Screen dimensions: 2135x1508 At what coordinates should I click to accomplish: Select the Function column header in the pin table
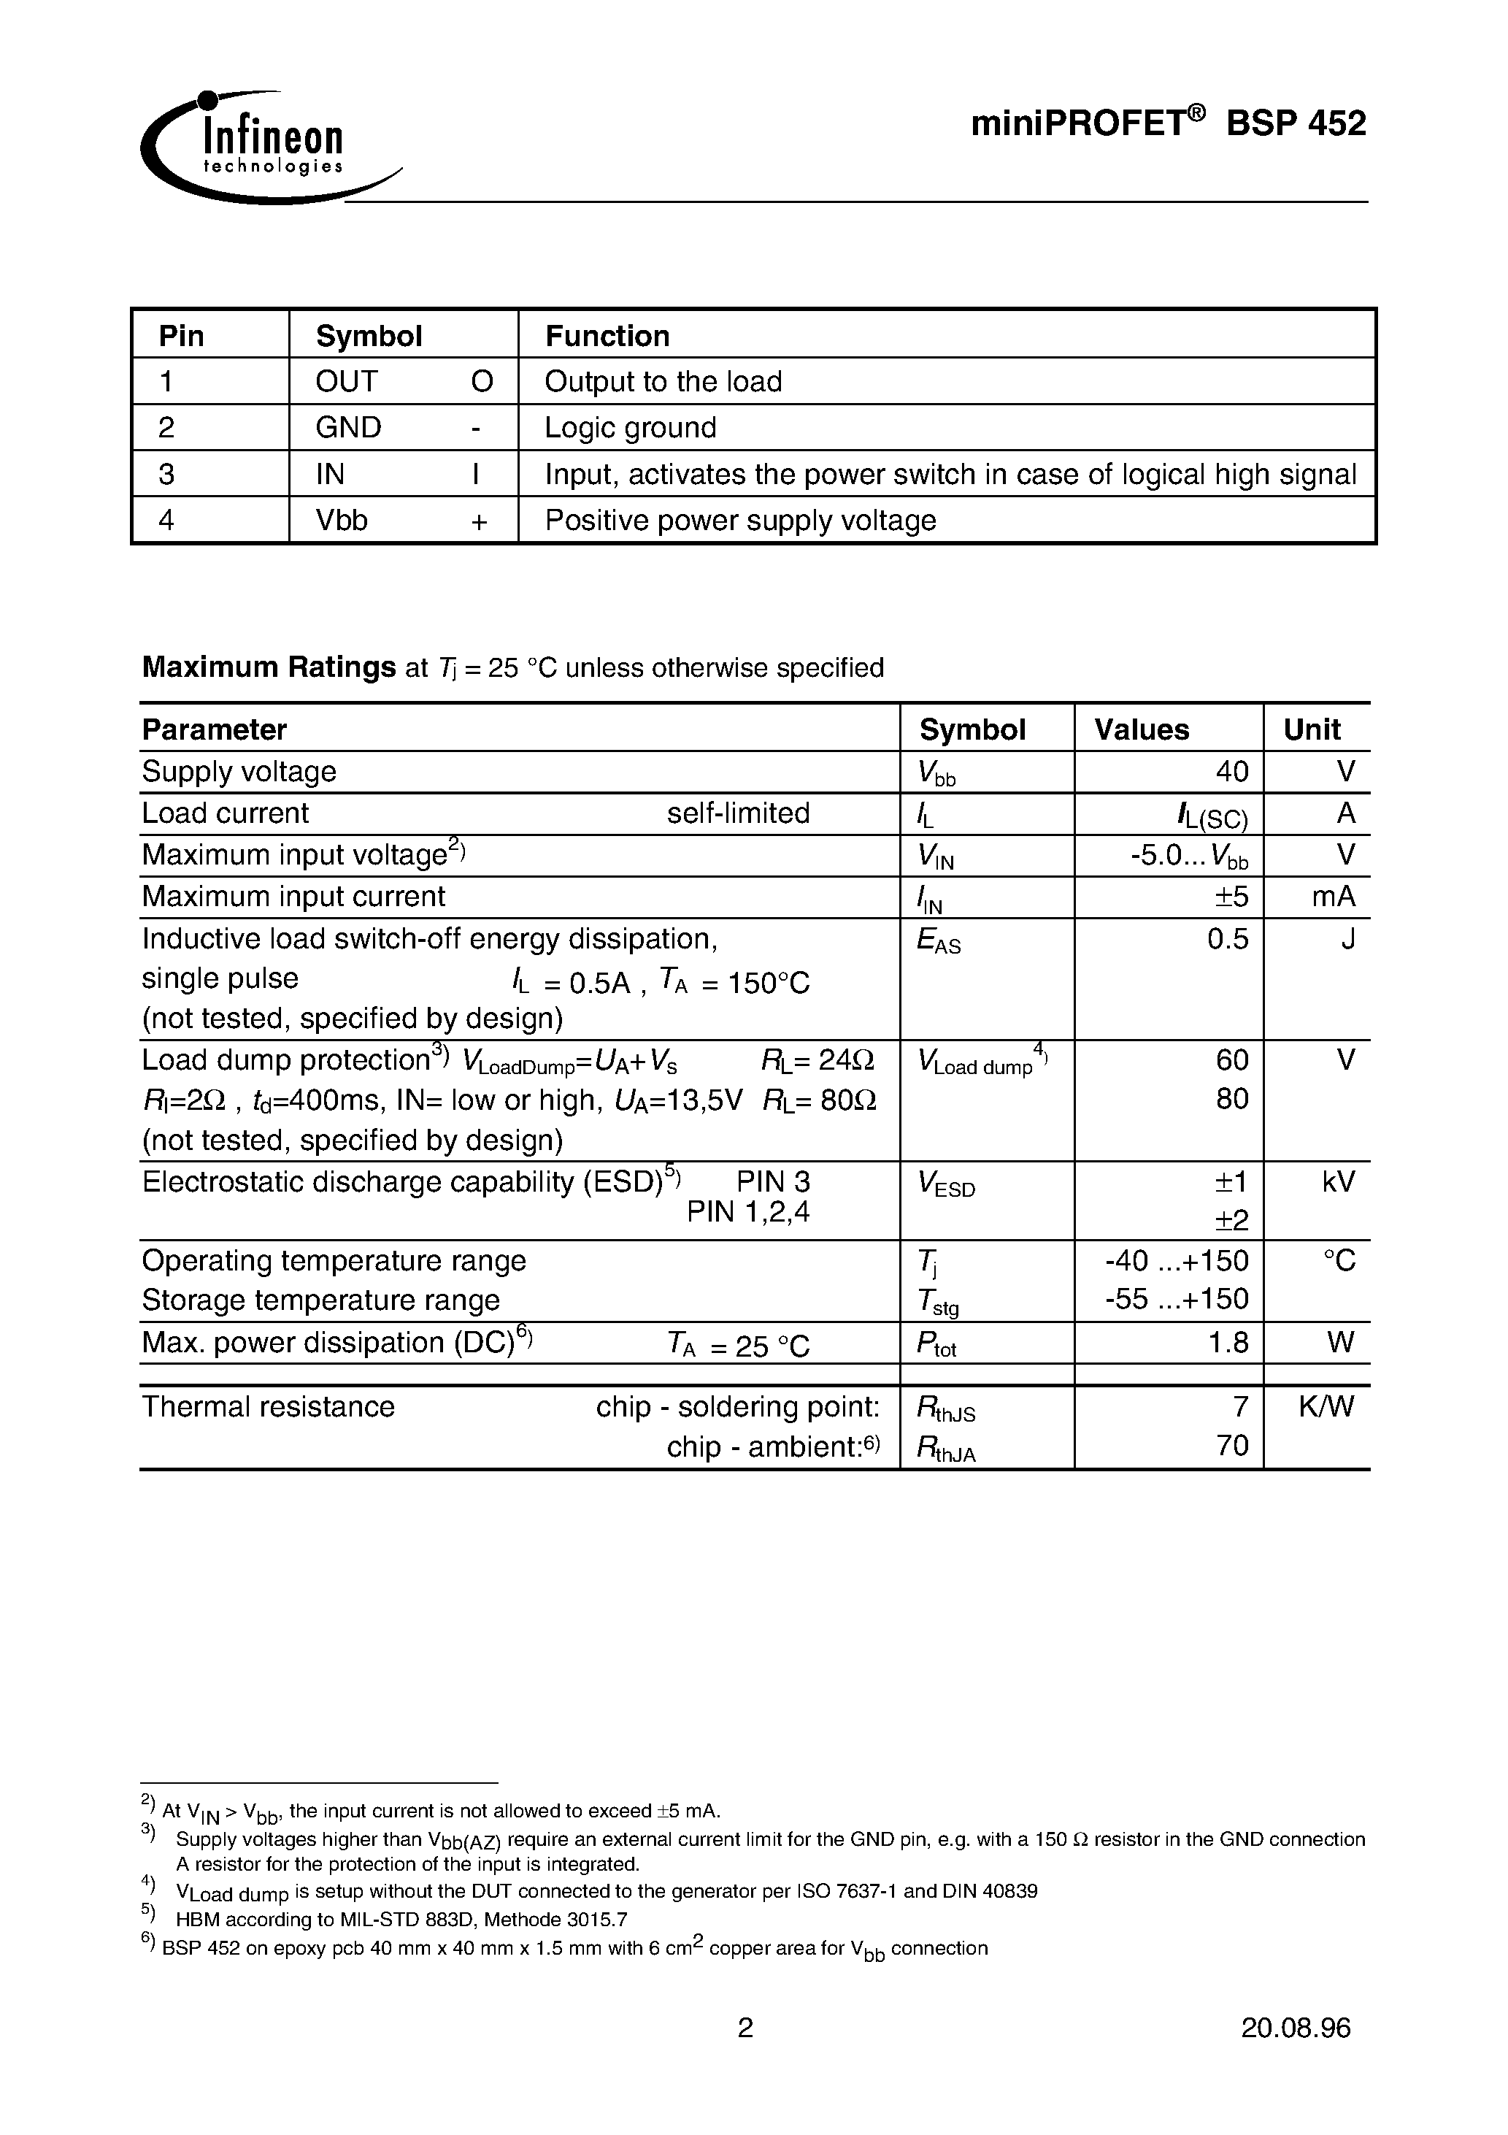pyautogui.click(x=607, y=336)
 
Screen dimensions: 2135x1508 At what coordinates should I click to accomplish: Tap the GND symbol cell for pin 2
pyautogui.click(x=349, y=428)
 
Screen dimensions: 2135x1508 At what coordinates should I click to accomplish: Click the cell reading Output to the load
pyautogui.click(x=663, y=381)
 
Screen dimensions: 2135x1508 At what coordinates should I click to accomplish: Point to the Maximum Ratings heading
pyautogui.click(x=269, y=667)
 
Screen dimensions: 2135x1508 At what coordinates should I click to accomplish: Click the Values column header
pyautogui.click(x=1141, y=729)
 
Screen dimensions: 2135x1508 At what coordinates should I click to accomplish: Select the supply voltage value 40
pyautogui.click(x=1232, y=772)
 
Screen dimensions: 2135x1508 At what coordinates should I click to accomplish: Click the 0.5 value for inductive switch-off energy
pyautogui.click(x=1227, y=939)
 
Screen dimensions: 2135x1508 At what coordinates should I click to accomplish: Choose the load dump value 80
pyautogui.click(x=1232, y=1099)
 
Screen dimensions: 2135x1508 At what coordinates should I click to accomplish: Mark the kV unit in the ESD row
pyautogui.click(x=1338, y=1182)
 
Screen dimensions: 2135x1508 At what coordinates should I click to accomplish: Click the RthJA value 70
pyautogui.click(x=1232, y=1446)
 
